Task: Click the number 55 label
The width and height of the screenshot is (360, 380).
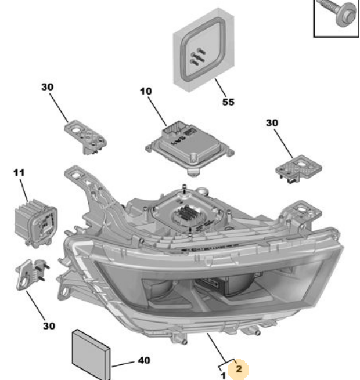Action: click(x=228, y=102)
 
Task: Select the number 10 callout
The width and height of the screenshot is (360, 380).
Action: click(x=145, y=92)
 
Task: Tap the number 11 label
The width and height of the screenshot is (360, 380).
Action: click(x=19, y=173)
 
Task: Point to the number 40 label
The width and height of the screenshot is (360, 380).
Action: click(x=143, y=361)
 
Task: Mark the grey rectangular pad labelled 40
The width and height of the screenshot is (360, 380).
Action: click(x=90, y=353)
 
